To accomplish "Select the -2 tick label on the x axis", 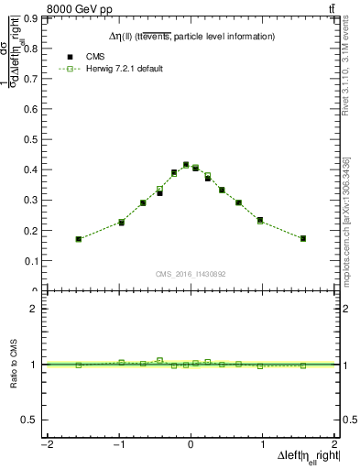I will click(47, 445).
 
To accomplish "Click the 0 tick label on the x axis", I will click(191, 445).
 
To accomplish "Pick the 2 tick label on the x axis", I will click(334, 445).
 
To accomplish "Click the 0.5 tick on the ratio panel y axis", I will click(33, 420).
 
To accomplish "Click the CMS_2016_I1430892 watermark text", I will click(191, 274).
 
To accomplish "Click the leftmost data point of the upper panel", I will click(79, 239).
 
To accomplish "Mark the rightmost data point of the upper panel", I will click(302, 238).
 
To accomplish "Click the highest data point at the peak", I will click(186, 165).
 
